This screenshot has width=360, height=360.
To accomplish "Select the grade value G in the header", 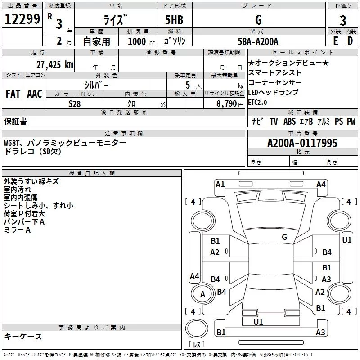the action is (x=258, y=20).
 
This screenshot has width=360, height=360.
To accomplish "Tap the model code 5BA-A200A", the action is (x=258, y=41).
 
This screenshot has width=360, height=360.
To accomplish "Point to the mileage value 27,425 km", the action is (x=54, y=64).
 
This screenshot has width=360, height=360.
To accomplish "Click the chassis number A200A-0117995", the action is (x=302, y=144).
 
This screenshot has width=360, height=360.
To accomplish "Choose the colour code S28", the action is (x=75, y=104).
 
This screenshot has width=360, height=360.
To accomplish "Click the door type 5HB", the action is (x=175, y=20).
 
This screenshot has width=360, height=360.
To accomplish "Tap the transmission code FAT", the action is (x=13, y=94).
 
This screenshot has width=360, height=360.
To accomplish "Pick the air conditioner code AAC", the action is (x=35, y=94).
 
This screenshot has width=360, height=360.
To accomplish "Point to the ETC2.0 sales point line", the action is (x=257, y=102).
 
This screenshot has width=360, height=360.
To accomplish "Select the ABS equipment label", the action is (x=289, y=121).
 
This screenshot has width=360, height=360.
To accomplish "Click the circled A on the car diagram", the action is (x=202, y=294).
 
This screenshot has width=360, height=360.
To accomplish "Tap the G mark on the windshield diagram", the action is (x=284, y=237).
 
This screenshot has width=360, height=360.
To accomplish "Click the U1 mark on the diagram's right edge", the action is (x=346, y=240).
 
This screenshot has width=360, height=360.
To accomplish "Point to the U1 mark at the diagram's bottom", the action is (x=258, y=322).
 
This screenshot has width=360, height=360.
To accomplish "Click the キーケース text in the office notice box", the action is (x=23, y=337).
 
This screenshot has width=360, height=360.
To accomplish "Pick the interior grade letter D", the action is (x=350, y=41).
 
